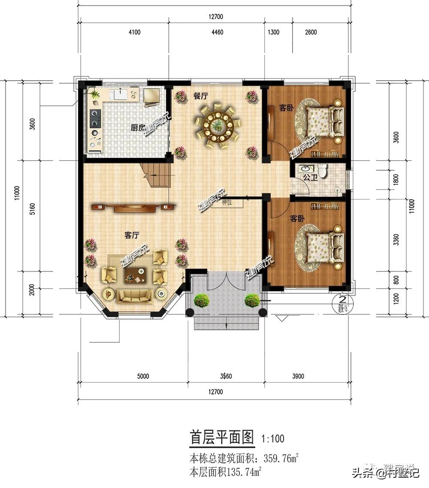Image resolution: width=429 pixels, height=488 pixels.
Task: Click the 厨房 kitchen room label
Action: point(137,127)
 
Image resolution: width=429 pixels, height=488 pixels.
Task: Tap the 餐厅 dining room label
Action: point(200,96)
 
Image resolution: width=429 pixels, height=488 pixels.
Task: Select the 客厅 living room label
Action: point(132,235)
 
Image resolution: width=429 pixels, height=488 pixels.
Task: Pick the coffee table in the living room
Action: point(136,275)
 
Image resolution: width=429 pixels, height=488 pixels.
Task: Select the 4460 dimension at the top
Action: point(218,33)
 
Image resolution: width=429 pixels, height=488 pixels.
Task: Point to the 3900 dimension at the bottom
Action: point(298,377)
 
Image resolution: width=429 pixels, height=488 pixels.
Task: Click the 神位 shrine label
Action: point(227,202)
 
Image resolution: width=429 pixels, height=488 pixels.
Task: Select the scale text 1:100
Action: point(273,439)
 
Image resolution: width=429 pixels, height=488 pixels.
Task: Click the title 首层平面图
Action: point(222,438)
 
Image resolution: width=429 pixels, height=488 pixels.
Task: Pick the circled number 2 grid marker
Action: point(343,299)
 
